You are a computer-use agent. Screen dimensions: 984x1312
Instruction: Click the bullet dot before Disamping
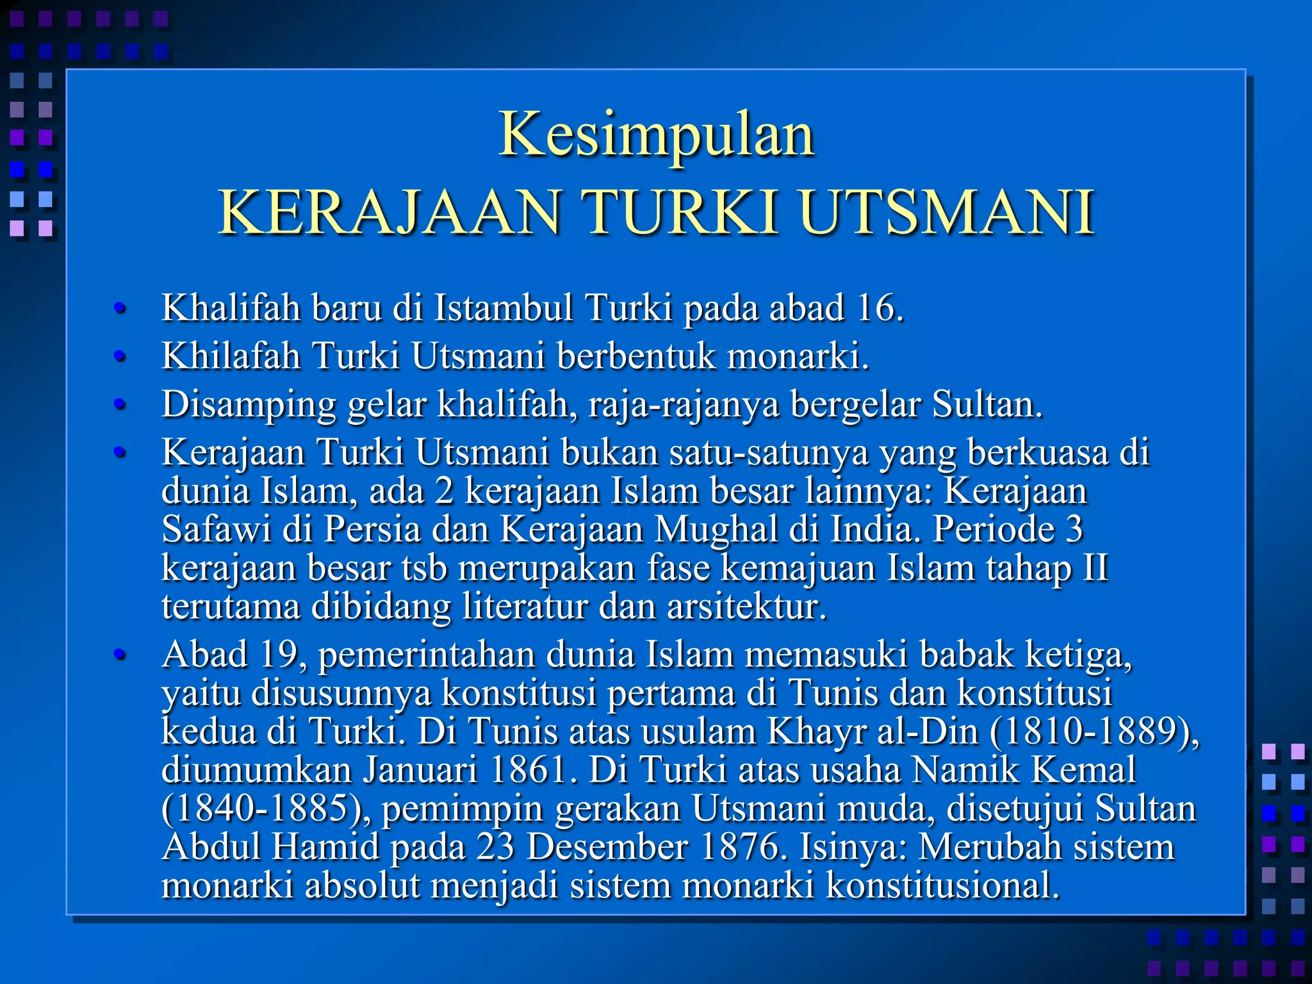pyautogui.click(x=119, y=405)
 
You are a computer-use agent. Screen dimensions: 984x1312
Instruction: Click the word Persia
pyautogui.click(x=372, y=530)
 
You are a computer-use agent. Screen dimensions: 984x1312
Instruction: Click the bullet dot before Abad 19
pyautogui.click(x=119, y=655)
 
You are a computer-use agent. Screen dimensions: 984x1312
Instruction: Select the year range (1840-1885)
pyautogui.click(x=262, y=808)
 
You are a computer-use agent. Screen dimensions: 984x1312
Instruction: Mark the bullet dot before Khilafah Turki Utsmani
pyautogui.click(x=119, y=356)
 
